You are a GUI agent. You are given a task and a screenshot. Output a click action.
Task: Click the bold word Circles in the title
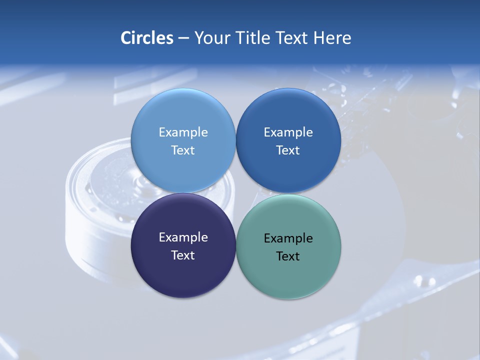pos(146,38)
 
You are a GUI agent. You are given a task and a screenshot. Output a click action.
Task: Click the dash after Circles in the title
pos(183,38)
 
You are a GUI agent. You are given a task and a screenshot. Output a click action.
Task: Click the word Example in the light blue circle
pos(183,132)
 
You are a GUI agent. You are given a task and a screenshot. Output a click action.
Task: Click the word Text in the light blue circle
pos(183,150)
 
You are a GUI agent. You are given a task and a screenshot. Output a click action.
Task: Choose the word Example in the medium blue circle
pos(288,132)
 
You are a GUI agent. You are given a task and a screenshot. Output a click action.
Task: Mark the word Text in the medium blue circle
pos(288,150)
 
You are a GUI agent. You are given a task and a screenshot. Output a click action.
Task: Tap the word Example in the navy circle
pos(183,237)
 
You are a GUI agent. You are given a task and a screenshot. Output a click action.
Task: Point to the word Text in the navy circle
pos(183,255)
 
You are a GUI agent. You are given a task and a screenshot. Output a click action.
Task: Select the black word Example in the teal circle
pos(288,238)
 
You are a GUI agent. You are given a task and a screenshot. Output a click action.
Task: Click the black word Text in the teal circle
pos(288,256)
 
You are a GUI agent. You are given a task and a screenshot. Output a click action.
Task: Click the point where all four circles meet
pos(235,193)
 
